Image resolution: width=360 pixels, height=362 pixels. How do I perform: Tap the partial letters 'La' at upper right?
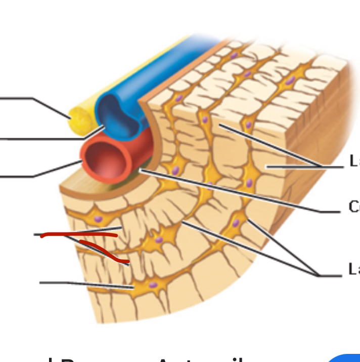[x=354, y=162]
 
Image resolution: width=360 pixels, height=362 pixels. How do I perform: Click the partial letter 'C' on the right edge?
[x=354, y=207]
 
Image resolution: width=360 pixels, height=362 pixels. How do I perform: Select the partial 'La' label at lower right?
[x=354, y=269]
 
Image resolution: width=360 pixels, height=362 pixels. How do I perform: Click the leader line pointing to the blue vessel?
[x=46, y=138]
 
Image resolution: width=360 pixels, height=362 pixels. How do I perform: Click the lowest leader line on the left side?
[x=76, y=283]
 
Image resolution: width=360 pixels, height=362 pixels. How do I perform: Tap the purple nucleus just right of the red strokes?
[x=159, y=239]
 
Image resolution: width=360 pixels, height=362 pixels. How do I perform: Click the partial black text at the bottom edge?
[x=152, y=358]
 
